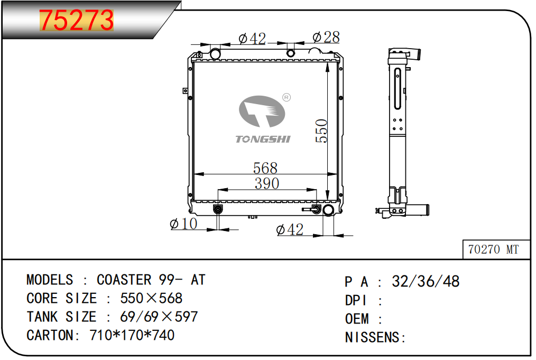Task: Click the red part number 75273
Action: (76, 20)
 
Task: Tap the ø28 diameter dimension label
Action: (326, 37)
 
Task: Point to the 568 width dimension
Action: (265, 168)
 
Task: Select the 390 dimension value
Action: (266, 183)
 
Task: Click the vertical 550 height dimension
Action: (321, 131)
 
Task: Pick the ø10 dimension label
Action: (183, 224)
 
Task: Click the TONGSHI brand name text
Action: (263, 139)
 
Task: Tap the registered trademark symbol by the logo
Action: (287, 97)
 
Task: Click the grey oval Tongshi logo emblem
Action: (262, 112)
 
